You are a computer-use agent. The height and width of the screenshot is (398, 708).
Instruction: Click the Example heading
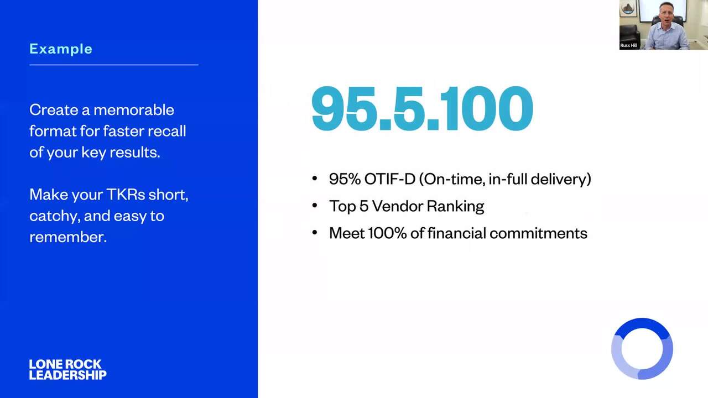(x=61, y=49)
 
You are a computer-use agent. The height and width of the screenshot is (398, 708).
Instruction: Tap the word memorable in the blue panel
(x=134, y=110)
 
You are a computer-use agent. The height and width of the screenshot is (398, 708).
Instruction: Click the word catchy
(x=55, y=216)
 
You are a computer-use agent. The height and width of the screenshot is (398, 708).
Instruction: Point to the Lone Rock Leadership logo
(x=67, y=369)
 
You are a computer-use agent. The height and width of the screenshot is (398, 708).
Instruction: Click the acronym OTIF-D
(x=390, y=179)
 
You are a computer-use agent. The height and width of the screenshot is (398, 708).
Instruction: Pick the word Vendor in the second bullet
(x=397, y=206)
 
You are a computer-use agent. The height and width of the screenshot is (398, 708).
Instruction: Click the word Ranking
(x=455, y=207)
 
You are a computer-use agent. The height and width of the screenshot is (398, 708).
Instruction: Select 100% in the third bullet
(x=387, y=233)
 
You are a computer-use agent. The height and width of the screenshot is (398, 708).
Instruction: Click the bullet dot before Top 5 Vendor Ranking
(x=315, y=206)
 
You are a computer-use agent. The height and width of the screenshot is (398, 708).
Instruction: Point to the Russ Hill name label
(x=628, y=45)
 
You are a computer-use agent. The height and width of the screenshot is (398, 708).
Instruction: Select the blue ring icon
(x=642, y=322)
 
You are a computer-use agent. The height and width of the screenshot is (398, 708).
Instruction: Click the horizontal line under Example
(x=114, y=65)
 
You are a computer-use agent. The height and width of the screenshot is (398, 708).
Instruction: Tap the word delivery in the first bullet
(x=561, y=180)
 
